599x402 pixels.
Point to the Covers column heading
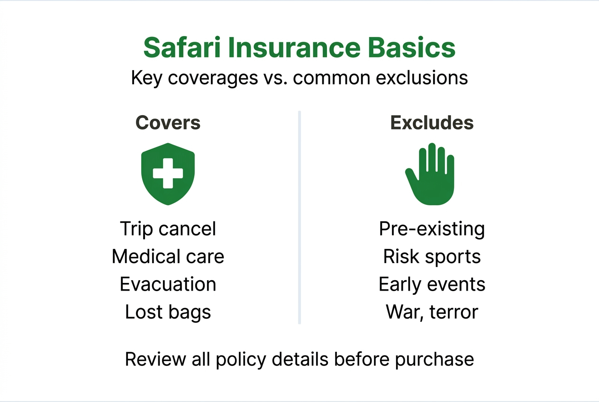168,123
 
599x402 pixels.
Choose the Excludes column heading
432,123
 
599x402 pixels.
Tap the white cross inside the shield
168,173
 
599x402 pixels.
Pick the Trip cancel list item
168,229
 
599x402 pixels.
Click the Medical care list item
168,256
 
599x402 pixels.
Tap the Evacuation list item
168,284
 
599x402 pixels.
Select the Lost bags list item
168,311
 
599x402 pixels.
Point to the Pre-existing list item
432,229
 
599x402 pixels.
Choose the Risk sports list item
432,256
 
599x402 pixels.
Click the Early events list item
432,284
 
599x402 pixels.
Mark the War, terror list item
432,311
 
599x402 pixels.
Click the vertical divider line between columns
299,218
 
